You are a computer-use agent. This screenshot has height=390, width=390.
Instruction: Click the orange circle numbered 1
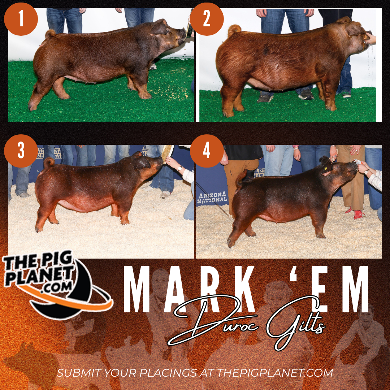click(x=21, y=19)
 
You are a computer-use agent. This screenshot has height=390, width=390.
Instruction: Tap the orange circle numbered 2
click(x=207, y=19)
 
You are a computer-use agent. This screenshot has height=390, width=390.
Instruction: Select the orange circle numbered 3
click(x=21, y=151)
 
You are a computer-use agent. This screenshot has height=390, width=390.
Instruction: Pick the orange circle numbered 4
click(x=207, y=151)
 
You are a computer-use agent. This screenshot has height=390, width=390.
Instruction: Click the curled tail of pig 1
click(x=51, y=34)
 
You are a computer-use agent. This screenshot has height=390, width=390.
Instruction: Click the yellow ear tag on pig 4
click(x=326, y=168)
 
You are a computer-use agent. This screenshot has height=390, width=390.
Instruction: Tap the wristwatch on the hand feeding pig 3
click(x=179, y=169)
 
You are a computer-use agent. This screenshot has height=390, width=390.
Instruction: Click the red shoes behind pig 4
click(x=355, y=213)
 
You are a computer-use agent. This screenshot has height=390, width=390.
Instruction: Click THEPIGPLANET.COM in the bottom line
click(x=275, y=373)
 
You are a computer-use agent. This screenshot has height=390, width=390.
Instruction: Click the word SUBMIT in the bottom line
click(x=79, y=373)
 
